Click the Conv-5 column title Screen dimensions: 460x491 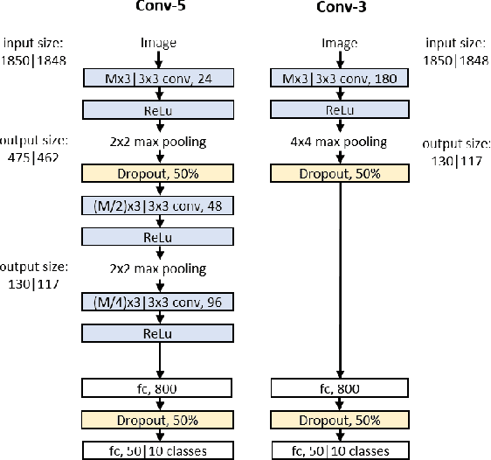(158, 10)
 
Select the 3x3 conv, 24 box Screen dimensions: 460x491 (158, 78)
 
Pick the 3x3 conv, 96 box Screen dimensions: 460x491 (158, 303)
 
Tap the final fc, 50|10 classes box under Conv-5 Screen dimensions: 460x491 (158, 450)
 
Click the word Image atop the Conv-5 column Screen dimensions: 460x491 (158, 41)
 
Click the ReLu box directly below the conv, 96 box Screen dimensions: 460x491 (158, 333)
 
